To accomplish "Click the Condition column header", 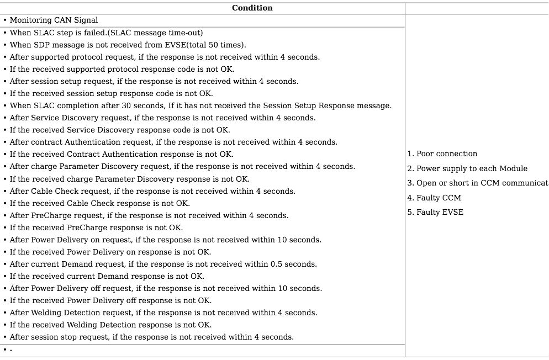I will (252, 8).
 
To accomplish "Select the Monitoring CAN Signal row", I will (54, 20).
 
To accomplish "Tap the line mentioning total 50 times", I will (128, 45).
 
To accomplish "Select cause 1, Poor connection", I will (442, 153).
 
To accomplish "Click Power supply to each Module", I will (467, 168).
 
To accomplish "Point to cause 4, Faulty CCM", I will (434, 198).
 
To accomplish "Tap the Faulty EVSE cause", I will (435, 212).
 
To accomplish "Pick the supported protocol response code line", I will (122, 69).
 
